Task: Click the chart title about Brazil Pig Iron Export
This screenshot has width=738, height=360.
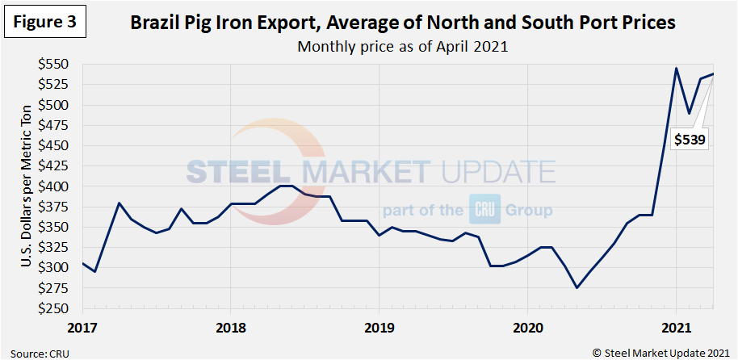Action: (x=403, y=23)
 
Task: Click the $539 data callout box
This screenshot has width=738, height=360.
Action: (x=690, y=140)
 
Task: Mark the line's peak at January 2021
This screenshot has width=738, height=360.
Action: (x=676, y=68)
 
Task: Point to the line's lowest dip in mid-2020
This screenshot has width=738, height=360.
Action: (x=577, y=287)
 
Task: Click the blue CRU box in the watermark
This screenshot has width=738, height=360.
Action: (x=484, y=211)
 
